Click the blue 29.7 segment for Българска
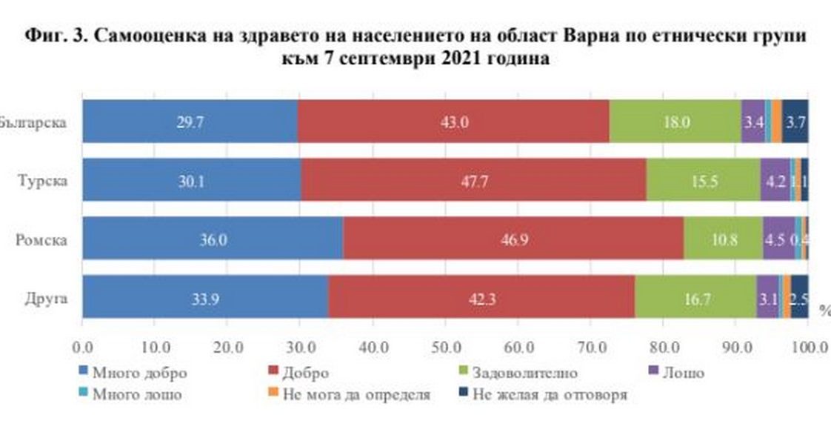(x=190, y=121)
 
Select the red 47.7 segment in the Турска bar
(x=474, y=180)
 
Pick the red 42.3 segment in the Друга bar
(x=481, y=297)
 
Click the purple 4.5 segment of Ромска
(x=778, y=239)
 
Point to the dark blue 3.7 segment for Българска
(x=795, y=121)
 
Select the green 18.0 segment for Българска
(x=675, y=121)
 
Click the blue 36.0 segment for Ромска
(x=213, y=239)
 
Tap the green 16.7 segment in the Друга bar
(x=695, y=297)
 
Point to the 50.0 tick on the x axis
(x=444, y=346)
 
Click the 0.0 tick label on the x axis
(x=82, y=346)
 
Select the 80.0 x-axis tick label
(x=662, y=346)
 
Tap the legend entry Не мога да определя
(x=356, y=394)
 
